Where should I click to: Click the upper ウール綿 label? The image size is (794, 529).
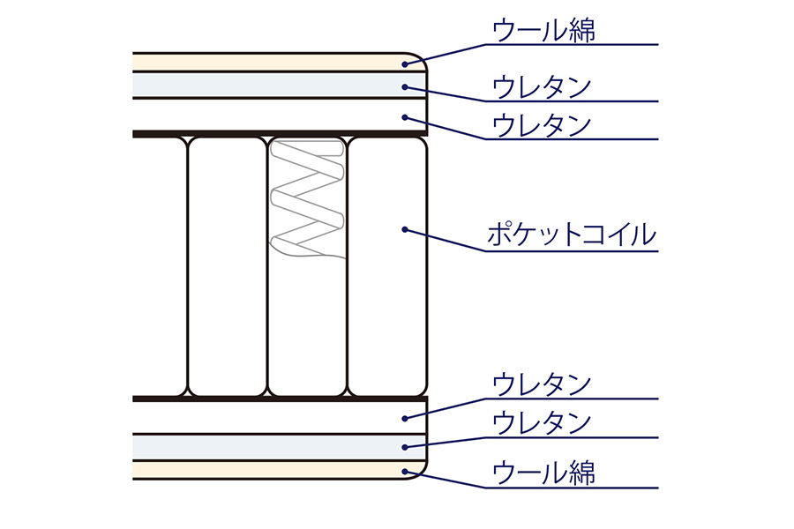point(543,30)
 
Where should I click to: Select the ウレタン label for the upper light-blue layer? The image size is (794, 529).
point(542,87)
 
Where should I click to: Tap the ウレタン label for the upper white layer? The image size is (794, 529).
point(542,125)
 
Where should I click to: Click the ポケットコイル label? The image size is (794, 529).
point(572,235)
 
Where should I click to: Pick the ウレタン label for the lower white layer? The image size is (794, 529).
point(542,384)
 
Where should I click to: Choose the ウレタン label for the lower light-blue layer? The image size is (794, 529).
point(542,423)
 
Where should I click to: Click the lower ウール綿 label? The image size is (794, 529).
point(543,473)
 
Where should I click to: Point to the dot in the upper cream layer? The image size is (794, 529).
point(405,63)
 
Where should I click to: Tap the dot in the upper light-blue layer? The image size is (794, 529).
point(405,87)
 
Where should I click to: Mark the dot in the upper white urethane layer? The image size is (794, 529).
point(405,117)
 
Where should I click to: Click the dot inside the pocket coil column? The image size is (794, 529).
point(405,229)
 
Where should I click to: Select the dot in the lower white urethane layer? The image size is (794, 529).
point(405,419)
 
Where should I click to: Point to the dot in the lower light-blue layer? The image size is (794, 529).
point(405,447)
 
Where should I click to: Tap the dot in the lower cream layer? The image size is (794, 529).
point(405,472)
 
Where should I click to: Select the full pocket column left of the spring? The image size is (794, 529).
point(228,266)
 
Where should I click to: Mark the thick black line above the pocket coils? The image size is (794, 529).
point(280,134)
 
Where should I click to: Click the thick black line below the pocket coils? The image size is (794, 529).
point(280,399)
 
